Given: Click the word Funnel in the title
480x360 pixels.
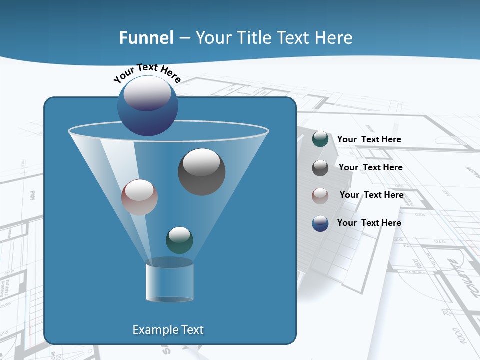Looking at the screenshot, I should coord(146,38).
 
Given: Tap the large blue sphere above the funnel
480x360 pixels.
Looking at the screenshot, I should coord(147,106).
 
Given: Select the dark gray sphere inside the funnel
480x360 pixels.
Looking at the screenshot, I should coord(201,172).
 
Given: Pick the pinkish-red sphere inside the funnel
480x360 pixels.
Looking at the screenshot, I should coord(139,197).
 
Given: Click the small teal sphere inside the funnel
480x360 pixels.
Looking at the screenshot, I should coord(179,240).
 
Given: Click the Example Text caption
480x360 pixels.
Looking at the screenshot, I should coord(168,330).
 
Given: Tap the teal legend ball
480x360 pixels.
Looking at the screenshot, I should coord(320,139).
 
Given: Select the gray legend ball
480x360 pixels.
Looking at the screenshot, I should coord(320,168).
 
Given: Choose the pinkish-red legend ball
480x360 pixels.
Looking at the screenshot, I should coord(320,196).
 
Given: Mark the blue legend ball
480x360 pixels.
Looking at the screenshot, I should coord(320,223).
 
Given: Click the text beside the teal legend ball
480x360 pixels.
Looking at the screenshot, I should coord(369,139).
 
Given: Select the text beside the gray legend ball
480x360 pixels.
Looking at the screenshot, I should coord(370,167).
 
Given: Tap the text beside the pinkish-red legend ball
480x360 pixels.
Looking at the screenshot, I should coord(371,195).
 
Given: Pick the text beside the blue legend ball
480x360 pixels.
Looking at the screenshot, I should coord(369,223).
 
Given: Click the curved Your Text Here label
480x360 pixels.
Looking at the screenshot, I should coord(147,72).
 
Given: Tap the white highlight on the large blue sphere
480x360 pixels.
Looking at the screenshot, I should coord(147,93).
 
